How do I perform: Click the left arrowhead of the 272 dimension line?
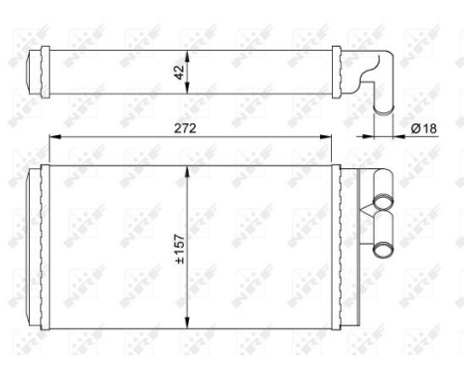click(53, 137)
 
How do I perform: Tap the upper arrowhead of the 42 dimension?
click(189, 53)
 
